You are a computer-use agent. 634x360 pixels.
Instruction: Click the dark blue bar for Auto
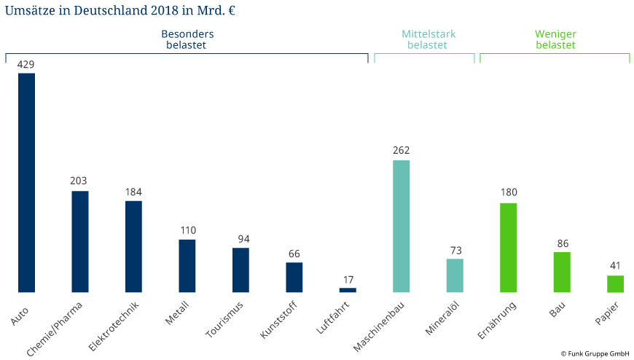click(x=26, y=182)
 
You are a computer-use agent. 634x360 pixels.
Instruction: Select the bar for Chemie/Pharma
click(x=80, y=241)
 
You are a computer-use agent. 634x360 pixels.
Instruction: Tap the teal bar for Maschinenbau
click(x=402, y=226)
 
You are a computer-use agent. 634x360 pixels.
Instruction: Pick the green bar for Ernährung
click(x=508, y=248)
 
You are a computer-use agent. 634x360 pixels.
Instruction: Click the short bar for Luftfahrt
click(x=348, y=290)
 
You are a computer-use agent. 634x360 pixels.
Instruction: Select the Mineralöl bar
click(x=455, y=275)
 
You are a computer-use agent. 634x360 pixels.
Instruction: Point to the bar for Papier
click(x=615, y=283)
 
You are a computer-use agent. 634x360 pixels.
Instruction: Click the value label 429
click(x=26, y=64)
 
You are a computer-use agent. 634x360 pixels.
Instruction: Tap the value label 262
click(x=402, y=151)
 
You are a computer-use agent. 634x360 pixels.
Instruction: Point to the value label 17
click(x=348, y=279)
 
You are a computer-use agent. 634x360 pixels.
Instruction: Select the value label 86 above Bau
click(x=562, y=243)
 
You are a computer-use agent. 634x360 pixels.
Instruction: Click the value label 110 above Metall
click(x=187, y=230)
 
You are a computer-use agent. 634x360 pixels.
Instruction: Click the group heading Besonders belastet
click(x=187, y=39)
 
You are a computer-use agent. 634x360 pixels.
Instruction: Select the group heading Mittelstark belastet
click(x=428, y=39)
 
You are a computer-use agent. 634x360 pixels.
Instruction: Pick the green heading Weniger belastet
click(x=555, y=39)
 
